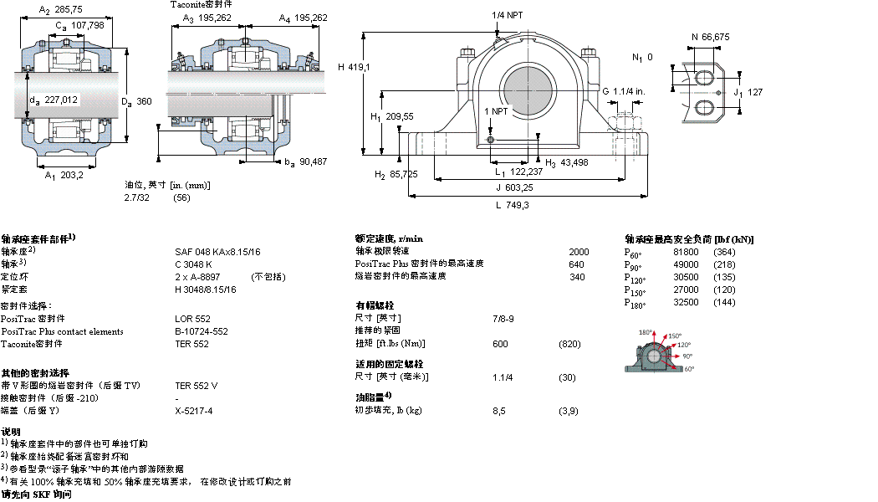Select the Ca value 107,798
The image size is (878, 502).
click(x=86, y=25)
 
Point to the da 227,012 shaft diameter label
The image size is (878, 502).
click(x=59, y=100)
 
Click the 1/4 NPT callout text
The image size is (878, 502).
click(x=509, y=15)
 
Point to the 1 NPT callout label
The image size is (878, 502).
click(x=496, y=111)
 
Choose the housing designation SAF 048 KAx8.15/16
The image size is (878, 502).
click(x=217, y=251)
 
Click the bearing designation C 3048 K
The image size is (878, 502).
click(x=194, y=264)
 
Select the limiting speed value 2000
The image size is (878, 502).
click(x=579, y=251)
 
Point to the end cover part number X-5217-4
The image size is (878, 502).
click(x=194, y=411)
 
